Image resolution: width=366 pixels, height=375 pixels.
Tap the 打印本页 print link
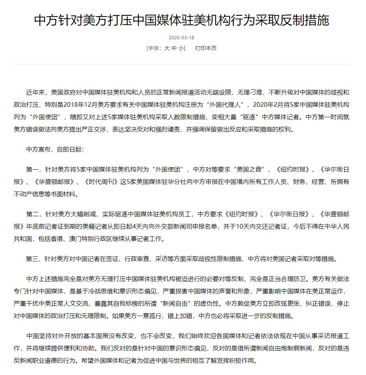(206, 49)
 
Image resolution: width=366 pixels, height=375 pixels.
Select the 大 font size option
(167, 49)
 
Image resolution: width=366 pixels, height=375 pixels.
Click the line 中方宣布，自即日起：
(55, 149)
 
